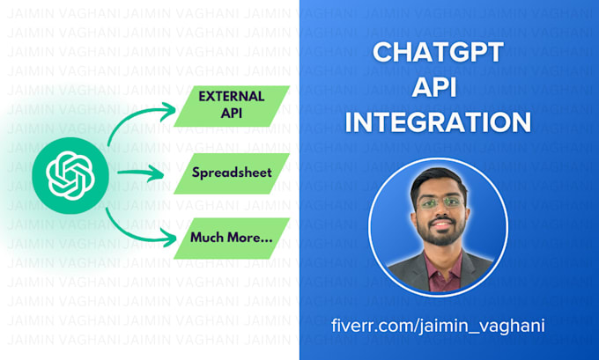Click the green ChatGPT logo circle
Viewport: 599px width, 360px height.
pos(64,173)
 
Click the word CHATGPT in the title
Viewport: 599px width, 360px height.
pos(438,53)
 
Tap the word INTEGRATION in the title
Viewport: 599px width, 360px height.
pos(438,121)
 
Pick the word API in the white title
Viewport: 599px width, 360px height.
pos(438,87)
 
